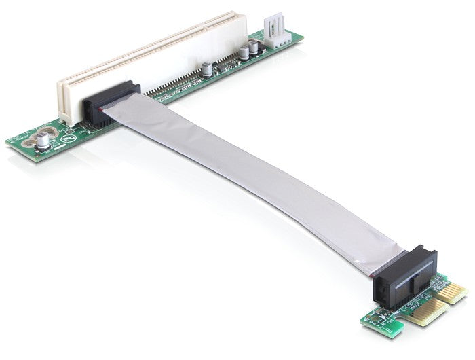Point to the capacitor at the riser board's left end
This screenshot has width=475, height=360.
click(43, 139)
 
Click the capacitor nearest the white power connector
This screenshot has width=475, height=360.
click(252, 48)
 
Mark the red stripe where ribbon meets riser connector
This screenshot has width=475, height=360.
click(102, 109)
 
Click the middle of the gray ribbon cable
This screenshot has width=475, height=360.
click(251, 180)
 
